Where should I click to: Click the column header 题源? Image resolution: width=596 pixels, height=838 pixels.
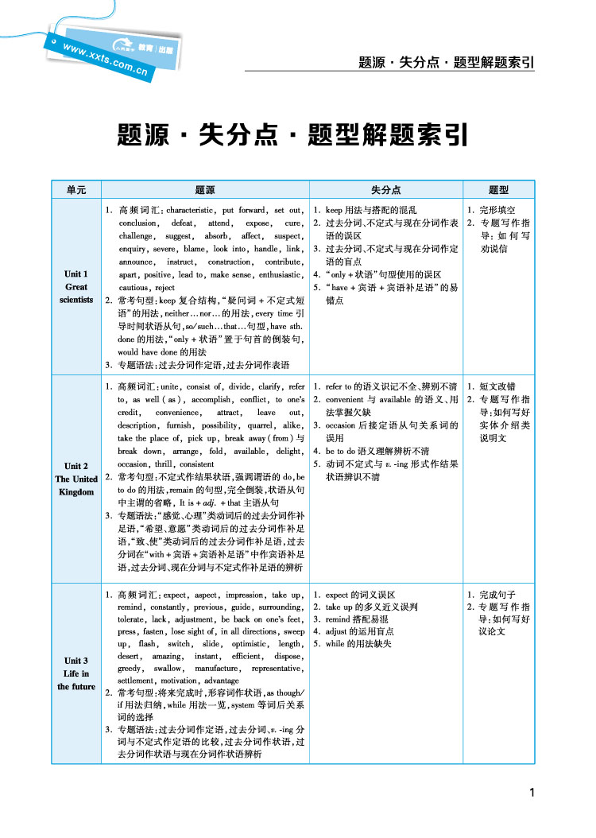(x=204, y=190)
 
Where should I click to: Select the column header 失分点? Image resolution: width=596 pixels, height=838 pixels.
(x=385, y=190)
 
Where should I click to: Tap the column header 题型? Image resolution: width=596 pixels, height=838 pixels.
(x=498, y=190)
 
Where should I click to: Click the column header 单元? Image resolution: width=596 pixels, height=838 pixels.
(x=76, y=190)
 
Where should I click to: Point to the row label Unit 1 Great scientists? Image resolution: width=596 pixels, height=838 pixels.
(x=76, y=287)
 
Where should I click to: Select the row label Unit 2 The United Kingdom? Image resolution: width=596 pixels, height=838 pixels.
(x=76, y=479)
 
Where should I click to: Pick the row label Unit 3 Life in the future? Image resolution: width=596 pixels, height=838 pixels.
(x=76, y=673)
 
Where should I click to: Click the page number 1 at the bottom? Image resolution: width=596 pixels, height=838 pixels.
(x=532, y=792)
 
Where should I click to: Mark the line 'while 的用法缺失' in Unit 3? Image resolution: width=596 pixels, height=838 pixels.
(x=358, y=643)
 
